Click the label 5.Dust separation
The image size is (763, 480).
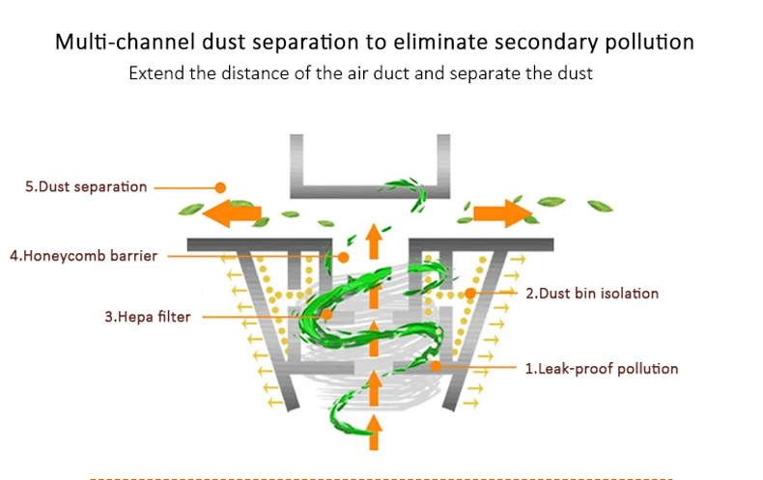click(86, 187)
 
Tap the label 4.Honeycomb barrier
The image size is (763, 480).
click(84, 256)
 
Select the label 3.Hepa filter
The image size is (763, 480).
click(148, 317)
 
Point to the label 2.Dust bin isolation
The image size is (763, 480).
click(592, 294)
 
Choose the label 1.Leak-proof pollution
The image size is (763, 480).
click(602, 369)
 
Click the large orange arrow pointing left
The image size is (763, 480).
click(232, 213)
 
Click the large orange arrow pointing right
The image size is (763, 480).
click(503, 213)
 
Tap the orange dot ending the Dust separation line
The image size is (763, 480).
click(220, 187)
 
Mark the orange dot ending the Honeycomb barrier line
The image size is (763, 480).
click(344, 257)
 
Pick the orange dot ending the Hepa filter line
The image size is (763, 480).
click(327, 315)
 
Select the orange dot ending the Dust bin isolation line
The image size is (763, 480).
click(470, 293)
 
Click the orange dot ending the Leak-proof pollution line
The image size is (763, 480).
click(436, 367)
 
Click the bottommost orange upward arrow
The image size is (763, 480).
click(374, 433)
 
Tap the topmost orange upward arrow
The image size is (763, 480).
click(374, 241)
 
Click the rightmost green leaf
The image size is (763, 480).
click(600, 206)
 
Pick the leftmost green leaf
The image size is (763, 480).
click(191, 210)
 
